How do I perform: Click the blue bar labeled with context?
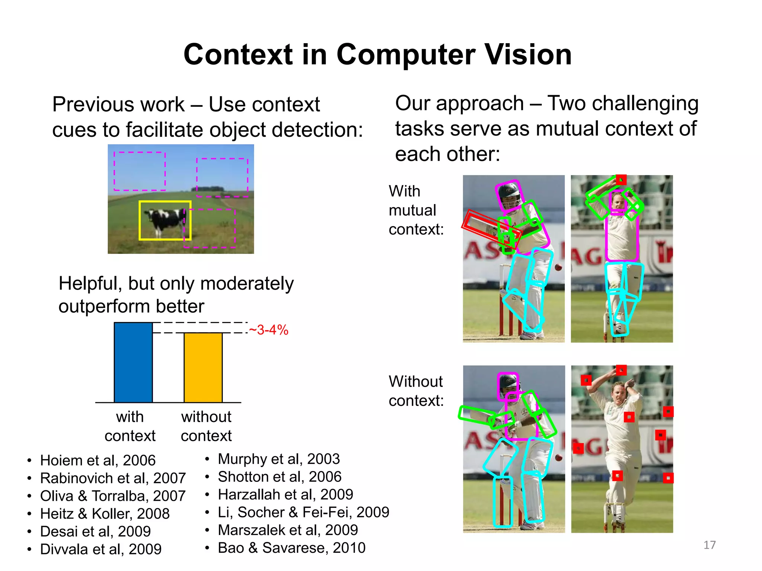133,362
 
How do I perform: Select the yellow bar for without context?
203,368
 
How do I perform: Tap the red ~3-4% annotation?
268,330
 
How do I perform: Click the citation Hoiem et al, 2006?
97,460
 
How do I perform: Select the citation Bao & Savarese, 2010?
291,548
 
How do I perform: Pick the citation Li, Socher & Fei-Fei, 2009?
303,512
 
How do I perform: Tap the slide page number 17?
709,545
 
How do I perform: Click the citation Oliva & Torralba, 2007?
112,496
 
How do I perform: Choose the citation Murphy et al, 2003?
279,459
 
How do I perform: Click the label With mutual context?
416,210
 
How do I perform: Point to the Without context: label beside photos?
416,391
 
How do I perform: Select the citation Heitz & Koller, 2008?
105,514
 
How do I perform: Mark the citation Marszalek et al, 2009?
288,530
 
